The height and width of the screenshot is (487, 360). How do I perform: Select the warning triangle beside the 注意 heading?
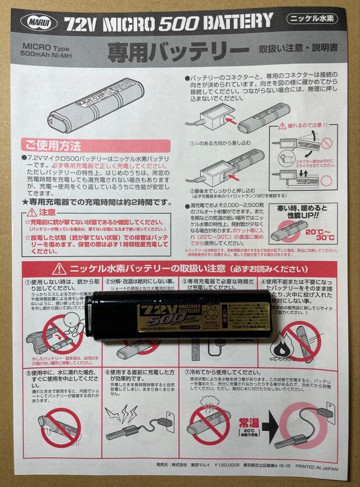click(x=32, y=212)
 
